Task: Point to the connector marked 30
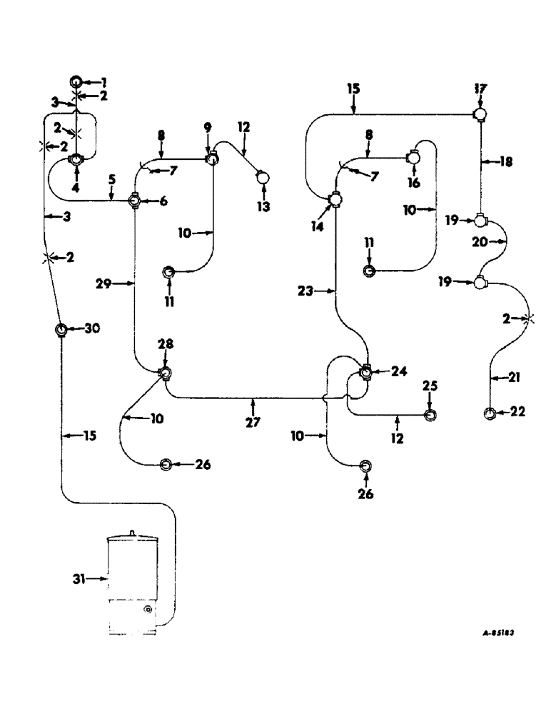point(61,329)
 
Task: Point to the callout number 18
point(507,162)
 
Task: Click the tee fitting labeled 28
point(165,372)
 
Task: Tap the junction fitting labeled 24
point(365,372)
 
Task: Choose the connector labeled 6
point(133,201)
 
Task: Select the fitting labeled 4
point(76,161)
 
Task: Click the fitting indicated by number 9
point(211,159)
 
